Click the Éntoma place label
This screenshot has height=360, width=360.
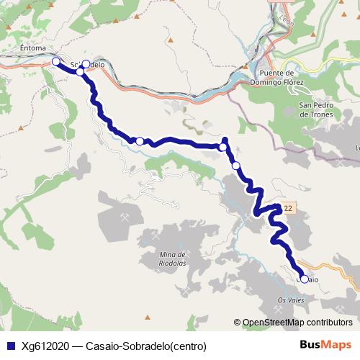32,49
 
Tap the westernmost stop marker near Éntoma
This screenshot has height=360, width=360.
56,62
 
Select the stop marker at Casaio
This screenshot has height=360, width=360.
304,279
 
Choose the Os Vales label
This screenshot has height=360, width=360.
292,300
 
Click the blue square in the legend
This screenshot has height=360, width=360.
9,346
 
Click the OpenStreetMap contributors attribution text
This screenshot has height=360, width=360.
297,323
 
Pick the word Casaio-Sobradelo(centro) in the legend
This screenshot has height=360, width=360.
145,346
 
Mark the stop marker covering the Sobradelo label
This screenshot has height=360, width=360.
86,65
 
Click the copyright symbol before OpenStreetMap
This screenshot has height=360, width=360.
237,323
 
